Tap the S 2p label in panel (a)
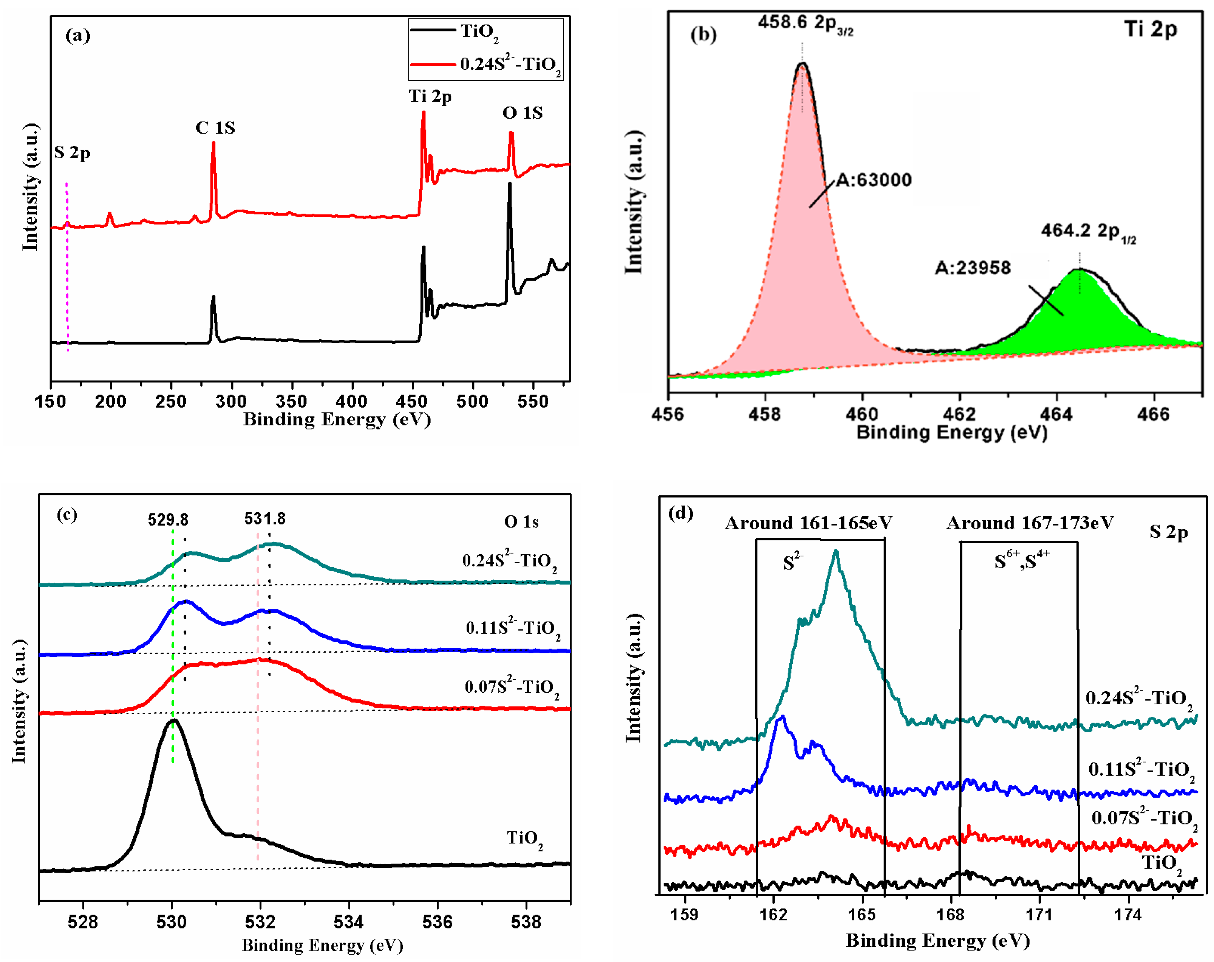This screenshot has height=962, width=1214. click(72, 153)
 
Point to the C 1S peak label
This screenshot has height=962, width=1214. click(215, 128)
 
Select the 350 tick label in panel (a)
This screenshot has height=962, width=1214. click(292, 401)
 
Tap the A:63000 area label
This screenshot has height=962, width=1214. click(873, 180)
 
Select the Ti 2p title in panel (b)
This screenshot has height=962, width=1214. click(1150, 29)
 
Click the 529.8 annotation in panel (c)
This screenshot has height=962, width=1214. click(168, 519)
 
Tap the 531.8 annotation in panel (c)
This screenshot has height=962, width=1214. click(265, 518)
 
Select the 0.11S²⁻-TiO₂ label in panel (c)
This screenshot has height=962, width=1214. click(512, 628)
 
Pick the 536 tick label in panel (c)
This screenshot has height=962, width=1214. click(437, 922)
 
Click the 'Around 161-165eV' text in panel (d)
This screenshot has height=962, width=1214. click(808, 523)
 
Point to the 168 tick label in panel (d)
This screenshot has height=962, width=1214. click(950, 915)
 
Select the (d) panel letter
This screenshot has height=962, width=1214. click(680, 513)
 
